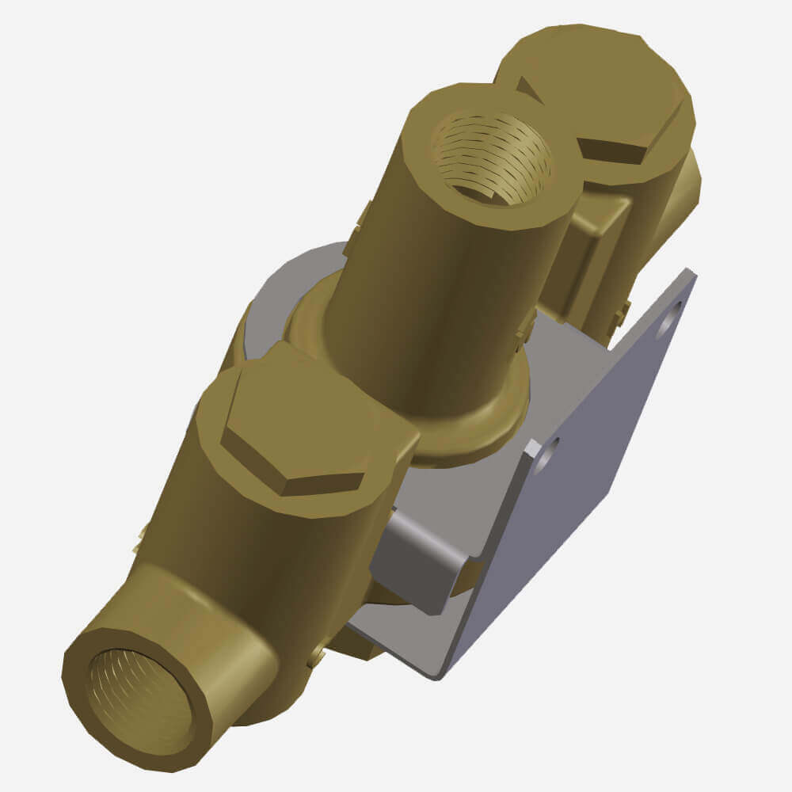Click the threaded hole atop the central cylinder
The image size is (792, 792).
click(x=491, y=158)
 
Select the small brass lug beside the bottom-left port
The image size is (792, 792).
click(x=317, y=653)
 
